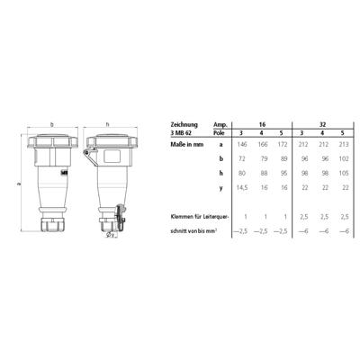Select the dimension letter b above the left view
(x=53, y=124)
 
